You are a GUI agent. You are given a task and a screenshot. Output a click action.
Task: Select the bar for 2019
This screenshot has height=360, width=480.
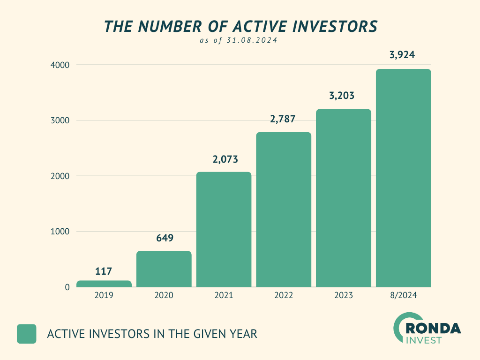(x=104, y=284)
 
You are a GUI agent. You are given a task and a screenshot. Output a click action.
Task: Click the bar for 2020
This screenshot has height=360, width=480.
(x=164, y=269)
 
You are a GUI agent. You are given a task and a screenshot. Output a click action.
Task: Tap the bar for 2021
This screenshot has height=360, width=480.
(x=224, y=229)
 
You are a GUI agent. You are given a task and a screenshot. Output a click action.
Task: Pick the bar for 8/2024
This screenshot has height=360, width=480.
(x=404, y=178)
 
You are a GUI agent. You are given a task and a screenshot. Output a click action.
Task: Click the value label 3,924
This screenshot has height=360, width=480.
(x=402, y=55)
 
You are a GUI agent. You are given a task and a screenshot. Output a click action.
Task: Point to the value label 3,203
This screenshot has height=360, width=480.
(x=342, y=96)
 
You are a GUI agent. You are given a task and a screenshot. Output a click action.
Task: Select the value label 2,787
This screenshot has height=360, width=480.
(x=283, y=119)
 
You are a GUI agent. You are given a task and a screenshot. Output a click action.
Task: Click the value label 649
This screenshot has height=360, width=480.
(x=165, y=238)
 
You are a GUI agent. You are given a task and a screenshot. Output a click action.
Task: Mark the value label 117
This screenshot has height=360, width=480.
(x=103, y=271)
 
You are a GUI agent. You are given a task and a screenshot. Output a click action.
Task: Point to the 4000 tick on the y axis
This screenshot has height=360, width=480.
(x=60, y=65)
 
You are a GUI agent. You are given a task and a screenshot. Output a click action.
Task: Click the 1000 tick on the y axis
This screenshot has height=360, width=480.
(x=60, y=232)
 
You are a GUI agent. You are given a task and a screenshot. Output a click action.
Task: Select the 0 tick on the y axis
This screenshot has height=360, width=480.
(x=67, y=287)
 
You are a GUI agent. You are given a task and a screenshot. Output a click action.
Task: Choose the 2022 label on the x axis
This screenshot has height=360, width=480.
(x=284, y=296)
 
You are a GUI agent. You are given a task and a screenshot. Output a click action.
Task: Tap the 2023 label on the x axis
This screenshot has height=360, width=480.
(x=344, y=296)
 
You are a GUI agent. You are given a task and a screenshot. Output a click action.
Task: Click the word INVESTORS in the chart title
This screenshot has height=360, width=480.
(x=334, y=27)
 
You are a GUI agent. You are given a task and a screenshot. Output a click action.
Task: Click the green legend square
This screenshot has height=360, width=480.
(x=27, y=334)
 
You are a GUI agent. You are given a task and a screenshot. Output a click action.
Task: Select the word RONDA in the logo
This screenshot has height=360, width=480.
(x=434, y=328)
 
